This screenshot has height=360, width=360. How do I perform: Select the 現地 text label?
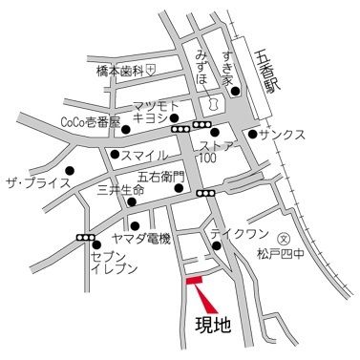coord(213,327)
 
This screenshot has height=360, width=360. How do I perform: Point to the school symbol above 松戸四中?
coord(283,239)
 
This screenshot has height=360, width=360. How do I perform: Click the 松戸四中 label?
coord(284,254)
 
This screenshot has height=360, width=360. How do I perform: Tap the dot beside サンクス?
coord(252,134)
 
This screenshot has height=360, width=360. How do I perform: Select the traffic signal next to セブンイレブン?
coord(86,238)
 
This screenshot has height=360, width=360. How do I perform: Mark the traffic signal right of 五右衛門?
coord(204,193)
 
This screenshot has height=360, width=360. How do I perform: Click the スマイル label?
coord(144,155)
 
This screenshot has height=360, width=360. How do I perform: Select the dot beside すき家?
coord(235,93)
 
